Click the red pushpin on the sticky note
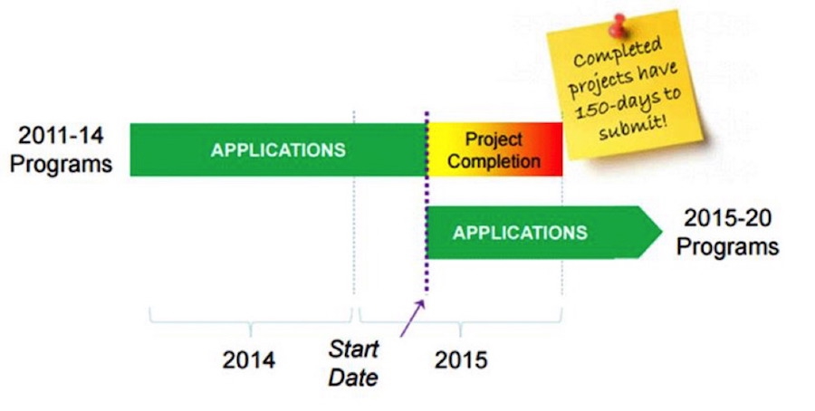point(618,25)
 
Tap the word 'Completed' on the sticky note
point(618,52)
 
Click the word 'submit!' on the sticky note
point(633,126)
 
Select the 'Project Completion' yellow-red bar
point(494,149)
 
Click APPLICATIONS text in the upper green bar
point(278,150)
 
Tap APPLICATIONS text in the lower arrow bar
point(520,233)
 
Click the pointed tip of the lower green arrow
point(662,232)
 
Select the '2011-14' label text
point(61,136)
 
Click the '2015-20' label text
point(727,217)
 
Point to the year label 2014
point(249,360)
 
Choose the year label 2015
point(461,360)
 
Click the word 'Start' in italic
point(353,349)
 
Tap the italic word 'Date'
point(353,378)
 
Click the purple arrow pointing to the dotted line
point(413,319)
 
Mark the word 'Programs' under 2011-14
point(61,164)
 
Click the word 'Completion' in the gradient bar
point(494,161)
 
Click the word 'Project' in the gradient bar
point(494,139)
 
